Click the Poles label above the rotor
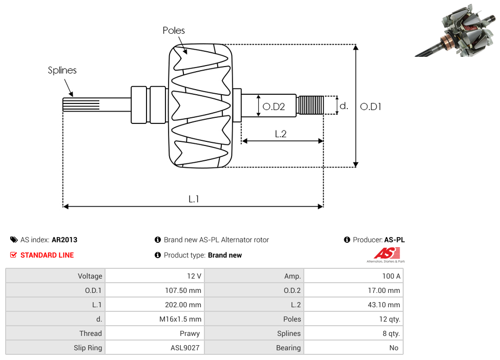174,31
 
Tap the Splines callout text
62,70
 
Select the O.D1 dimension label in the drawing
370,107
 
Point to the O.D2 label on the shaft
273,107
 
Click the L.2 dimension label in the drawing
280,134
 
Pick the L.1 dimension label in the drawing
193,199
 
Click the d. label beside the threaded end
344,106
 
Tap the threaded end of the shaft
310,105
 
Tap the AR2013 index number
65,240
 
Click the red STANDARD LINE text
47,255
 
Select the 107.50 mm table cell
181,290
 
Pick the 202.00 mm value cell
181,305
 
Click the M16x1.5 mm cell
180,319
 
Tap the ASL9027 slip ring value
185,348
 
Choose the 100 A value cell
391,276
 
